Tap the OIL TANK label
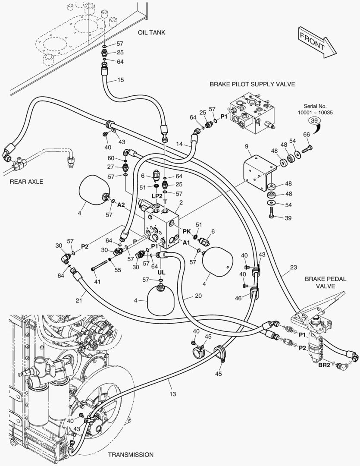pyautogui.click(x=152, y=33)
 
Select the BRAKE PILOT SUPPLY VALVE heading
pyautogui.click(x=252, y=84)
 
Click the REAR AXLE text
pyautogui.click(x=26, y=182)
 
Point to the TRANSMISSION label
pyautogui.click(x=131, y=454)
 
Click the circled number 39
pyautogui.click(x=315, y=121)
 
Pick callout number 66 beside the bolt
pyautogui.click(x=307, y=135)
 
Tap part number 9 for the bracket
pyautogui.click(x=247, y=147)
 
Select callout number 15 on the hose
pyautogui.click(x=120, y=80)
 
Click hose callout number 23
pyautogui.click(x=293, y=267)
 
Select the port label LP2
pyautogui.click(x=157, y=195)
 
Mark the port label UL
pyautogui.click(x=161, y=273)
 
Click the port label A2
pyautogui.click(x=121, y=205)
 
